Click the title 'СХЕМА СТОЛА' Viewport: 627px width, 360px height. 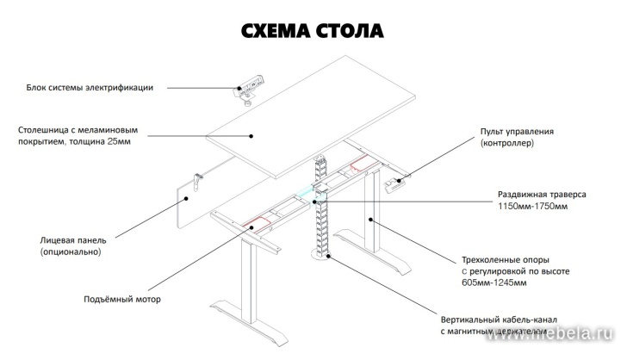[x=313, y=32]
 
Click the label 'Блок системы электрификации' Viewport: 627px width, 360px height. [x=90, y=87]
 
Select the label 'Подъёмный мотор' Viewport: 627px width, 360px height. [x=122, y=300]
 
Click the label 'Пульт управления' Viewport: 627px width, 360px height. [x=517, y=132]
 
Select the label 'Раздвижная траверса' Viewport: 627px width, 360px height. [x=542, y=195]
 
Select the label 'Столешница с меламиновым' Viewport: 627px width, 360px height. [x=78, y=131]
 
